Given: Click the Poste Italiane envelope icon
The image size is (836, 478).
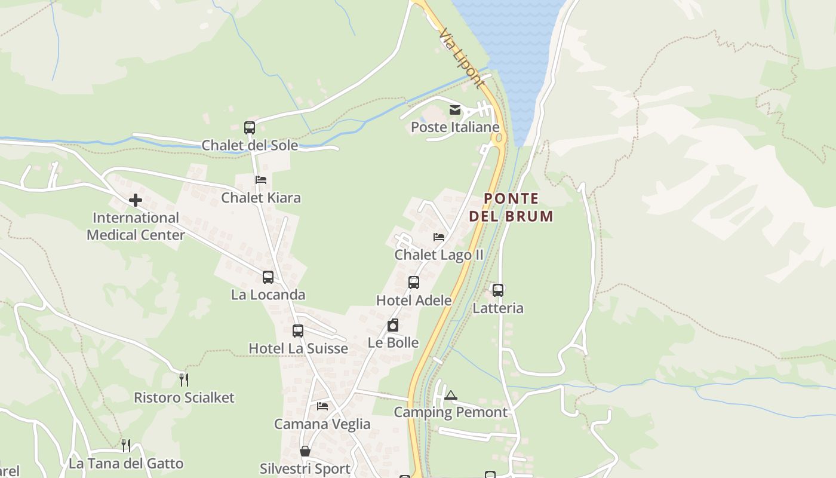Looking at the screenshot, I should (455, 110).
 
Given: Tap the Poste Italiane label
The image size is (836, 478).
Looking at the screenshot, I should (455, 127).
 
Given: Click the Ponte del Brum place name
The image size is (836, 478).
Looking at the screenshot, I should (511, 207).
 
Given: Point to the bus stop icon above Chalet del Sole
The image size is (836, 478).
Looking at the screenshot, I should (250, 127).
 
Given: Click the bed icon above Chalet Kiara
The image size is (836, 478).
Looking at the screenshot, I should (261, 179).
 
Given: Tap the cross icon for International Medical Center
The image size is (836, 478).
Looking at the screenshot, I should (136, 200).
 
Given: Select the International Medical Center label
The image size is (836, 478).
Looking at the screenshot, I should (136, 226).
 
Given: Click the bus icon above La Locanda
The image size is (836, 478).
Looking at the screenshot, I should (268, 277).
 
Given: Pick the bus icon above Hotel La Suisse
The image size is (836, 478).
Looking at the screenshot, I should (298, 330).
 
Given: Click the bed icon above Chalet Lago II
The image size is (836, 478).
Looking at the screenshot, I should (439, 237).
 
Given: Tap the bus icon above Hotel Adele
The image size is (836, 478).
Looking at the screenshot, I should (414, 283).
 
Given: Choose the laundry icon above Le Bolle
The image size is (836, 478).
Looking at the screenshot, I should (393, 326).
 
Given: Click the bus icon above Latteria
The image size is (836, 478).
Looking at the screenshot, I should (498, 290).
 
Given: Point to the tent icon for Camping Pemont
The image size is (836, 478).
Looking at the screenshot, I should (451, 395).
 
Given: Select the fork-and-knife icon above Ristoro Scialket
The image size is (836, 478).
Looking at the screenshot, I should (184, 379).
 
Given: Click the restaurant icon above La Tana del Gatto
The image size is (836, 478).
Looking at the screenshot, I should (126, 445).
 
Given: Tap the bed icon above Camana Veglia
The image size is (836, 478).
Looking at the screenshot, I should (322, 406).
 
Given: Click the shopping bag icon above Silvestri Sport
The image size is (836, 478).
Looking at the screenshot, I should (305, 451).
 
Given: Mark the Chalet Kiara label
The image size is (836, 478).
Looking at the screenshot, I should (261, 198).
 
